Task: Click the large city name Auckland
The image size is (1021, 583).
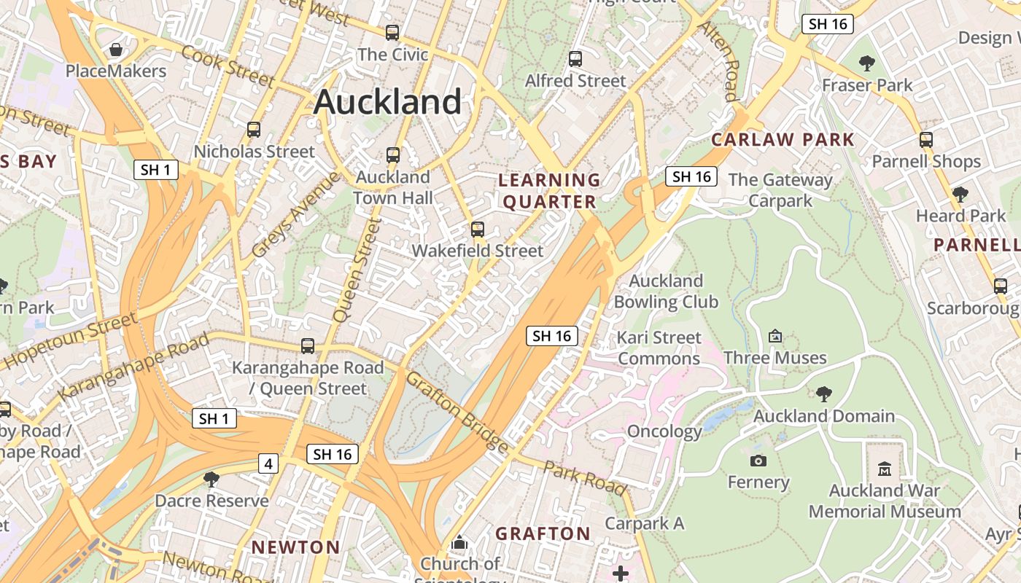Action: [x=387, y=102]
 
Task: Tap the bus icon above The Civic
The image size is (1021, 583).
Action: [x=392, y=33]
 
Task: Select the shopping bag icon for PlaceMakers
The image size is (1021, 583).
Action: [x=115, y=50]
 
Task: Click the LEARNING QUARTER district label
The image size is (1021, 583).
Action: [x=549, y=191]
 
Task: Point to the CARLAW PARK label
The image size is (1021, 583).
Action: [x=783, y=140]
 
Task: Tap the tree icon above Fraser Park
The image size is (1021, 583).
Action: [x=867, y=63]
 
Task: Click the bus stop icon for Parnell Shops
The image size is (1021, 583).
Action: [x=926, y=140]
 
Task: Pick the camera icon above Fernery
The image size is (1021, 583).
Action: [x=758, y=461]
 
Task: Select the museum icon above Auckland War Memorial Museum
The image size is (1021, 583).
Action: [x=885, y=469]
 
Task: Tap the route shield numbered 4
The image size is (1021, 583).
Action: [x=268, y=463]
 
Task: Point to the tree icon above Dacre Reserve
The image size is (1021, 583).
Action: [x=211, y=479]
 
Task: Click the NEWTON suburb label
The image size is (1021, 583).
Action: [x=295, y=547]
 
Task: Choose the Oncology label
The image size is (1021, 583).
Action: [x=664, y=431]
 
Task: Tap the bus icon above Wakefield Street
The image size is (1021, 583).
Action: [x=478, y=230]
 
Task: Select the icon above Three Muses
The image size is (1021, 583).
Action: [x=775, y=336]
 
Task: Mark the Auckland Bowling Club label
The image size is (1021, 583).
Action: [x=666, y=291]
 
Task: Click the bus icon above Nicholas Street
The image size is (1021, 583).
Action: [x=254, y=130]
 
